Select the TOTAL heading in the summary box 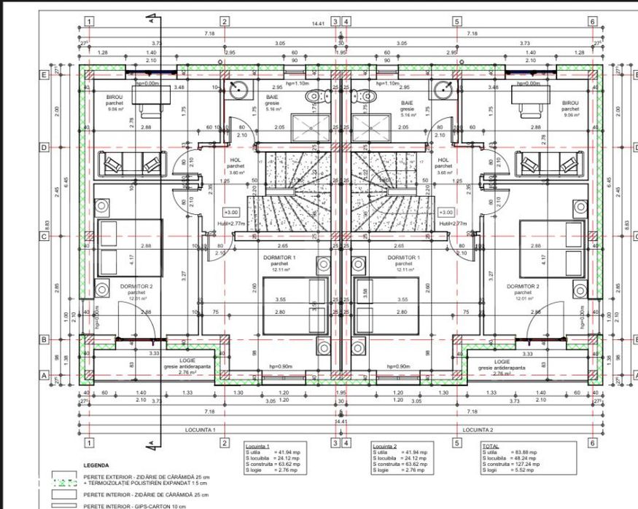pos(491,445)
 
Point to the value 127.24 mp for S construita pos(525,463)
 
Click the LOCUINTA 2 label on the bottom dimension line pos(478,430)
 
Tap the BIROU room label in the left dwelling pos(114,97)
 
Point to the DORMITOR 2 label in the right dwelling pos(524,286)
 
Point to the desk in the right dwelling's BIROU pos(530,98)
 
